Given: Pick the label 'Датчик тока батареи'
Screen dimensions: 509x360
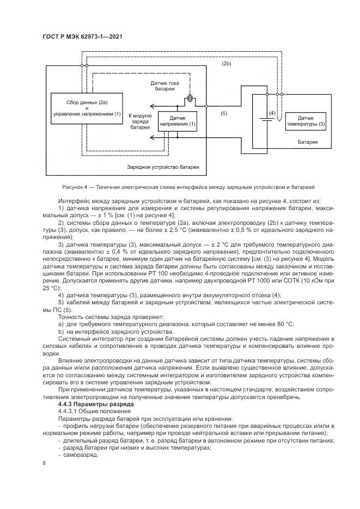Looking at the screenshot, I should pos(166,87).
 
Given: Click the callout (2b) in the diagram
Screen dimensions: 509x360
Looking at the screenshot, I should pos(227,64).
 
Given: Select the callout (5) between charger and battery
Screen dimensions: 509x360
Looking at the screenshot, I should pos(223,113).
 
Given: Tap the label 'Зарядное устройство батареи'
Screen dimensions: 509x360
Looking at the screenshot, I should pos(160,167).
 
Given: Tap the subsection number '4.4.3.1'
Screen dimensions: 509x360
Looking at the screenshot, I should pos(68,412).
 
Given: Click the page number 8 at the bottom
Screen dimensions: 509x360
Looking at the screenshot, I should pos(44,463).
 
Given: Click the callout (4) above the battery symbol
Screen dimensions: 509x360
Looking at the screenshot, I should pos(271,113).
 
